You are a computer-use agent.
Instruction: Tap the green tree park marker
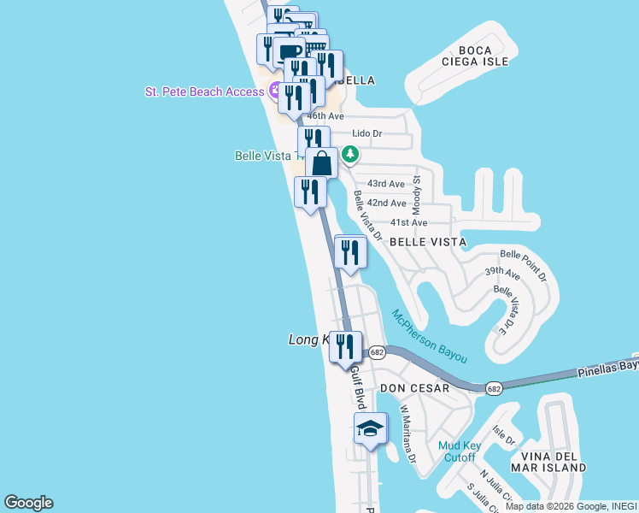[349, 154]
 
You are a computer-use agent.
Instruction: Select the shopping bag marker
[321, 162]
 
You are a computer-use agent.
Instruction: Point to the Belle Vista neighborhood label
[428, 242]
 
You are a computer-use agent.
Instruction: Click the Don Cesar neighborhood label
[414, 388]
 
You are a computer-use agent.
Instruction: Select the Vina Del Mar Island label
[548, 462]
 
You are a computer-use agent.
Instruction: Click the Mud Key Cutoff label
[459, 451]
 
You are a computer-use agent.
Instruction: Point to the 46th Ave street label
[325, 115]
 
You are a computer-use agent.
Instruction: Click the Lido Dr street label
[367, 133]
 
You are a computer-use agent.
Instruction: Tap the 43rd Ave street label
[385, 184]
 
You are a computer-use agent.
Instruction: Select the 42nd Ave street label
[386, 203]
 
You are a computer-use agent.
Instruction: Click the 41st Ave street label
[408, 222]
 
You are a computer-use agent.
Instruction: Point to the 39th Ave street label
[502, 274]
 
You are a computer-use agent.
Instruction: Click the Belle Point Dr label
[524, 266]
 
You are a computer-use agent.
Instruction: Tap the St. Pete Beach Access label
[204, 91]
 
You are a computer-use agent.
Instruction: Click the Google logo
[28, 503]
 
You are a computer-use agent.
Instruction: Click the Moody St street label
[417, 195]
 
